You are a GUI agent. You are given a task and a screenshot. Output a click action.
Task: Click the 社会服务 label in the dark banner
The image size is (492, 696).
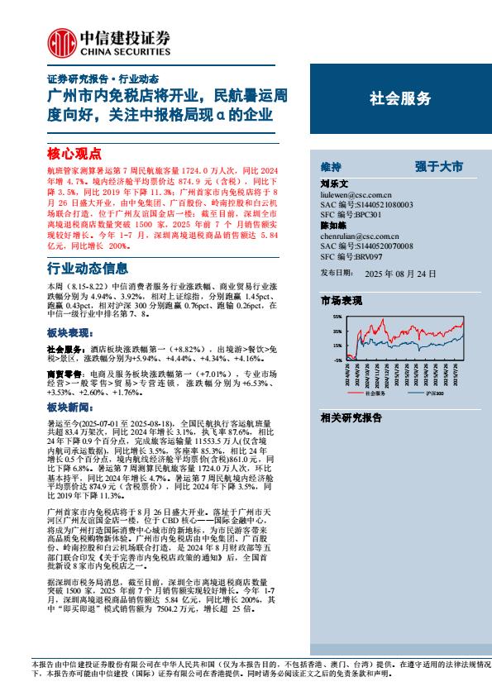[x=400, y=98]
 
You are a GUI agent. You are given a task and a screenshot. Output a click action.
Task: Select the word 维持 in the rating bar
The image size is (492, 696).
[x=331, y=166]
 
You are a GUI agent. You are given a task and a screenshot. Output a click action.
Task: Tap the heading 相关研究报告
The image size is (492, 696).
[x=351, y=417]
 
